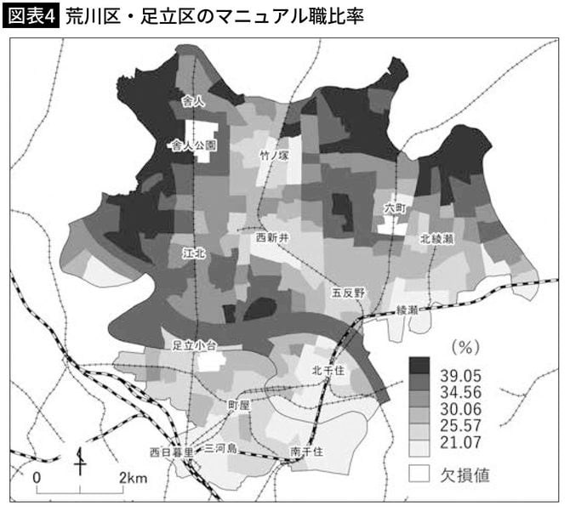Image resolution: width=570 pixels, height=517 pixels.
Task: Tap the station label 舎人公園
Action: coord(193,145)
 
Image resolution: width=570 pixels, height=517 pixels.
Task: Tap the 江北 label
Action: coord(194,253)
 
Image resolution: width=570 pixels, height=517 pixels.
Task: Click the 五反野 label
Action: coord(348,293)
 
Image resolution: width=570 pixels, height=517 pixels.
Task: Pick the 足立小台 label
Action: coord(196,345)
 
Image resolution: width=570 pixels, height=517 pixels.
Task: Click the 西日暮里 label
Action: coord(172,450)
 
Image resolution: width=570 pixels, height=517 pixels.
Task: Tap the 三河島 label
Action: coord(220,447)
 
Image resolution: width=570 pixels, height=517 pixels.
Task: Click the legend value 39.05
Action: coord(465,375)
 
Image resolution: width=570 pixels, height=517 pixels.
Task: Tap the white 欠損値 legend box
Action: coord(418,473)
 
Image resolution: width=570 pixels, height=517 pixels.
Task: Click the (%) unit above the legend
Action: coord(465,346)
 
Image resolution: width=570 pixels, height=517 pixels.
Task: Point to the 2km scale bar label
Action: coord(133,477)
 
